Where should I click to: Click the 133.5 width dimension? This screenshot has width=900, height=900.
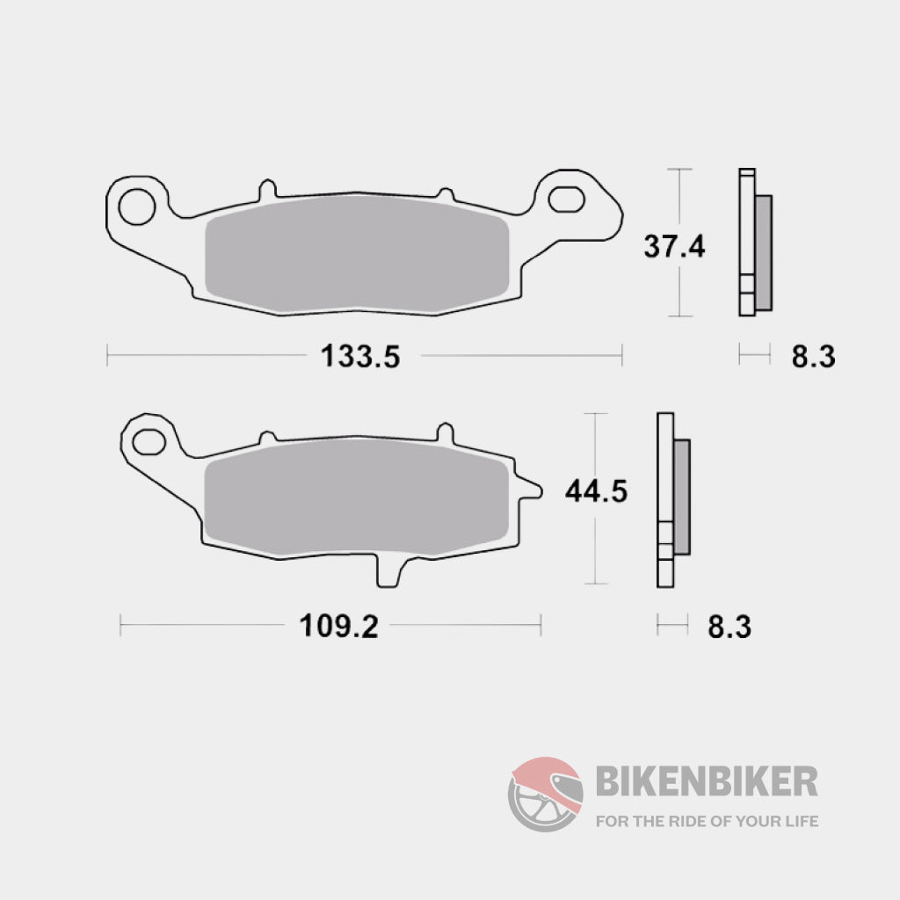[x=360, y=356]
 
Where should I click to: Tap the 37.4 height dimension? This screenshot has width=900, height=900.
[x=674, y=246]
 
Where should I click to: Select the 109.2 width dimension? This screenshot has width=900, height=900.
[x=339, y=627]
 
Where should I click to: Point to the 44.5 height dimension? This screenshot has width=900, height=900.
[x=595, y=491]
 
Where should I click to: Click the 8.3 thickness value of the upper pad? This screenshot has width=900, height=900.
[x=812, y=356]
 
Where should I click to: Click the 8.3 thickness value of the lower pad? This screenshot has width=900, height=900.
[x=729, y=627]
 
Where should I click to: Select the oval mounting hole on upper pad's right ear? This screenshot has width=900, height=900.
[x=566, y=198]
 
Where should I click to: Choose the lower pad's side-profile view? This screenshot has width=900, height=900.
[x=672, y=498]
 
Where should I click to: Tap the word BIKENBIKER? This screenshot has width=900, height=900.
[x=707, y=780]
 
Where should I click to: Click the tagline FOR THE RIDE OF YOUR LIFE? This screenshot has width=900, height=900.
[x=707, y=822]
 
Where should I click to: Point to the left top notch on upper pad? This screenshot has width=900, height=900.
[x=266, y=190]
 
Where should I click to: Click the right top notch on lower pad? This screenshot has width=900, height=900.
[x=446, y=433]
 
